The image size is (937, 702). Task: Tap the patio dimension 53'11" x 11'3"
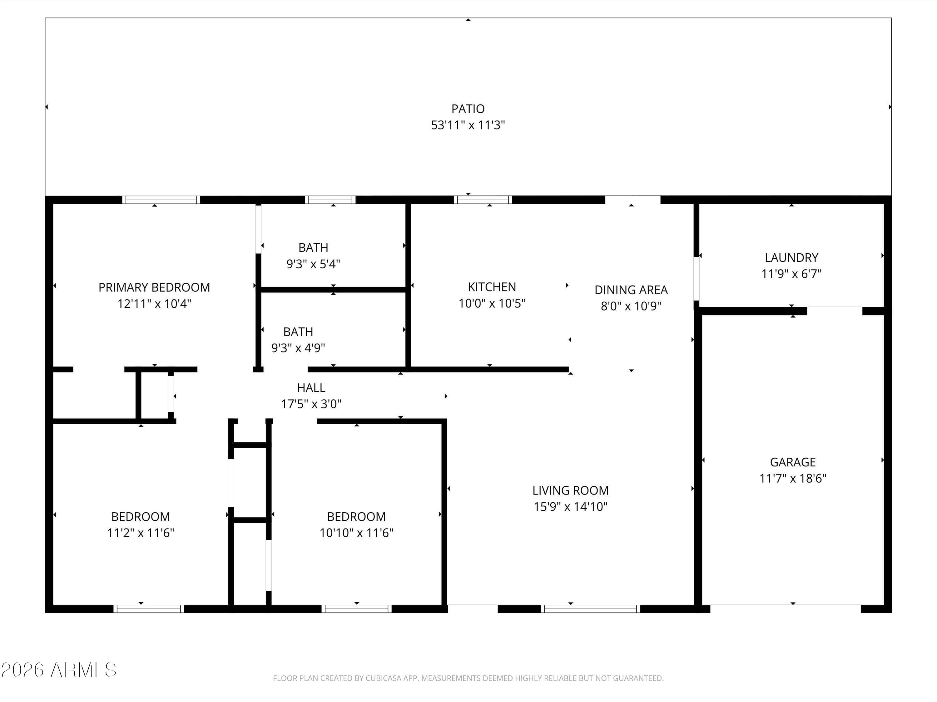468,125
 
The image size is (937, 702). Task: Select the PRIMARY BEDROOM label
154,288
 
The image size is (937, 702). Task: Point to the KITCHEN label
492,287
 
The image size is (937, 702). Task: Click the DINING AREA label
631,290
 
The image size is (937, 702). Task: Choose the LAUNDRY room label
791,258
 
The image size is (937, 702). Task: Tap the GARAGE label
793,462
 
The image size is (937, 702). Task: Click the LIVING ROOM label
571,491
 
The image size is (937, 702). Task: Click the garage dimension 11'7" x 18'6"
793,479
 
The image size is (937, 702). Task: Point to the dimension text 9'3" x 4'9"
298,348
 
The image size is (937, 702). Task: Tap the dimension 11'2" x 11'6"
141,533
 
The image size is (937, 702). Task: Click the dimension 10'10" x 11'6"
356,533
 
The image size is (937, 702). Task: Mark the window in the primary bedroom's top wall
161,200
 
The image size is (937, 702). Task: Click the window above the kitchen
483,200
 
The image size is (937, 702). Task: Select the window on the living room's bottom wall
591,609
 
